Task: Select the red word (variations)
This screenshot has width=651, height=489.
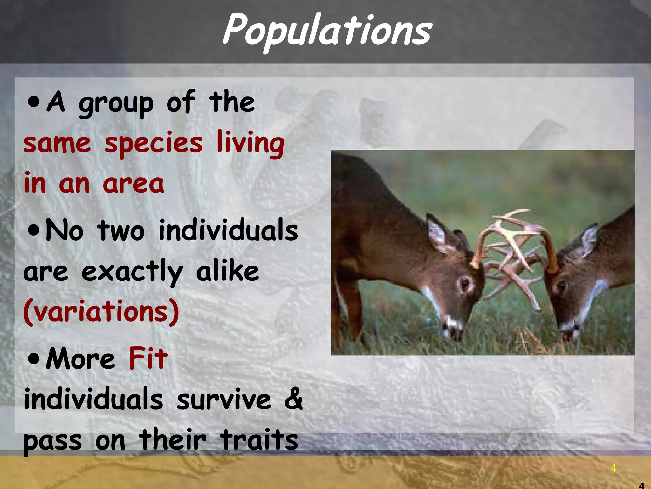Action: point(101,311)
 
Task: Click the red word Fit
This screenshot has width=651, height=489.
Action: point(148,358)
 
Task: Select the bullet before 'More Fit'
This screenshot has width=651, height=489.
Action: point(33,359)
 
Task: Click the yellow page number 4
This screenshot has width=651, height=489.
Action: point(613,468)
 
